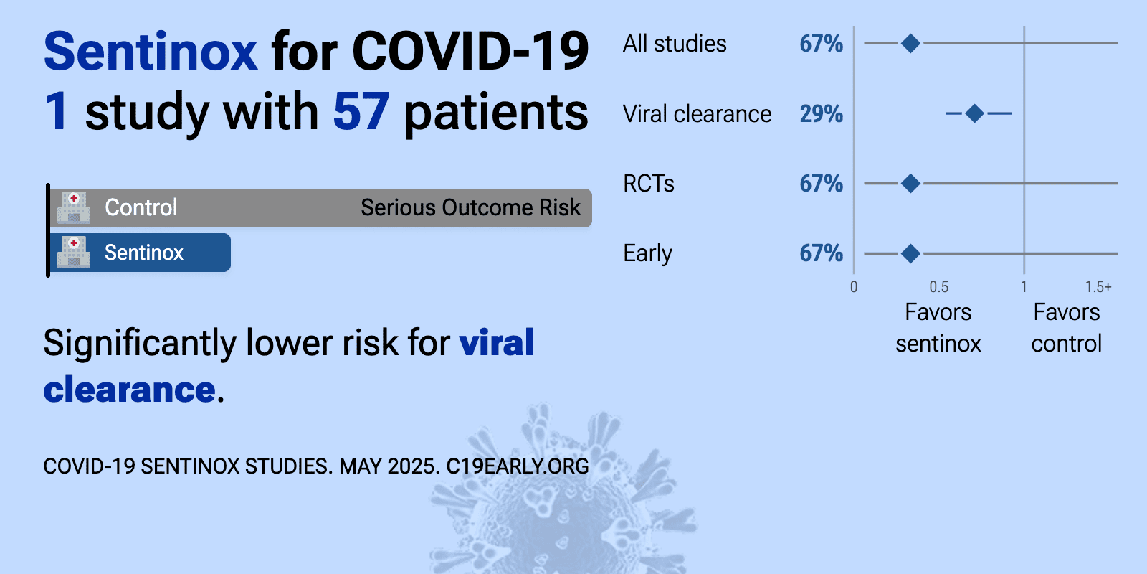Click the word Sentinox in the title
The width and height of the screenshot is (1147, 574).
pos(151,51)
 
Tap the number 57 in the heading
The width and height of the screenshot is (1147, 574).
pos(361,111)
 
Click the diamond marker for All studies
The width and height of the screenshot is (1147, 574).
pos(910,44)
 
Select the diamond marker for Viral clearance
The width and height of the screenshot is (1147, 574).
pos(974,113)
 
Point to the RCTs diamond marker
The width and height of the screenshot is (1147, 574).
pos(910,183)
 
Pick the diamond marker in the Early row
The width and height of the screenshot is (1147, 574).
pos(910,253)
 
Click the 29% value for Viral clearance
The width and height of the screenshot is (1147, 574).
pos(821,114)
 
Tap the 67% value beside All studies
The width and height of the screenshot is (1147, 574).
pos(821,44)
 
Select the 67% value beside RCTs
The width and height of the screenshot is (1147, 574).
pos(821,184)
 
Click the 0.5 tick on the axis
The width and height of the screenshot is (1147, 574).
pos(938,286)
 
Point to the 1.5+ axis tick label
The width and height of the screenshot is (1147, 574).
pos(1098,286)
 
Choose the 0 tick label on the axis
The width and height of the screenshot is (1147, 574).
pos(854,286)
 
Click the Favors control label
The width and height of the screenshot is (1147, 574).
pos(1067,327)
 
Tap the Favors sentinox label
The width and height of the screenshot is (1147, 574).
pos(938,327)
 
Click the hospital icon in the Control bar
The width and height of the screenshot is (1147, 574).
pos(74,207)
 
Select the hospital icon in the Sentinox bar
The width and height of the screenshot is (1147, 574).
pos(74,252)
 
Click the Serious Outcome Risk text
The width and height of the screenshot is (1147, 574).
pos(470,207)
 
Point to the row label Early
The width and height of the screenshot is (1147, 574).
pos(647,254)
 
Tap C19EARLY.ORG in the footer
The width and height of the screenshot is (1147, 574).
pos(517,466)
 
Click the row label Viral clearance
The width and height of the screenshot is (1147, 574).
pos(697,114)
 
